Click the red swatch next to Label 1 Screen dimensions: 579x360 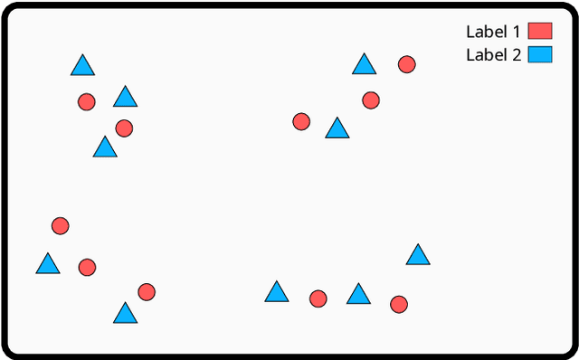click(x=540, y=31)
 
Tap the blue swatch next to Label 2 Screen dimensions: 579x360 click(x=540, y=54)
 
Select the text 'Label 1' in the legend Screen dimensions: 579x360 click(x=493, y=32)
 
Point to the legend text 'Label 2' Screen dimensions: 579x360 click(x=493, y=55)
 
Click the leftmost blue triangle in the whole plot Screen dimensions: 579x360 click(x=48, y=264)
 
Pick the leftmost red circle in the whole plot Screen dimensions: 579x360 click(x=61, y=226)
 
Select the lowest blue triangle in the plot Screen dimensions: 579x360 click(x=126, y=314)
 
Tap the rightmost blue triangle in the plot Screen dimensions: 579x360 click(x=418, y=255)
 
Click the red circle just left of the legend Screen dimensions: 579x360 click(x=407, y=64)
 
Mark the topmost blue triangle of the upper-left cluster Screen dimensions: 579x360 click(x=83, y=66)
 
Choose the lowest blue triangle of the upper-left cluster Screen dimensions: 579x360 click(x=105, y=147)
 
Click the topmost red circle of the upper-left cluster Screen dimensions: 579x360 click(x=87, y=101)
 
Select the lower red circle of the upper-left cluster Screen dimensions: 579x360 click(x=125, y=128)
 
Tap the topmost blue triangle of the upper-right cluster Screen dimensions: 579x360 click(x=364, y=64)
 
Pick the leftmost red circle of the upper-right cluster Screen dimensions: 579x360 click(x=302, y=121)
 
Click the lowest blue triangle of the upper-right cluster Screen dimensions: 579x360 click(x=337, y=128)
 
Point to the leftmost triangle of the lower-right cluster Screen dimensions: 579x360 click(x=277, y=292)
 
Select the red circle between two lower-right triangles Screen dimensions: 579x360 click(x=318, y=298)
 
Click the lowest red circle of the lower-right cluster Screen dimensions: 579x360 click(x=399, y=304)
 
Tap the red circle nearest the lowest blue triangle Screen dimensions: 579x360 click(x=147, y=292)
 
